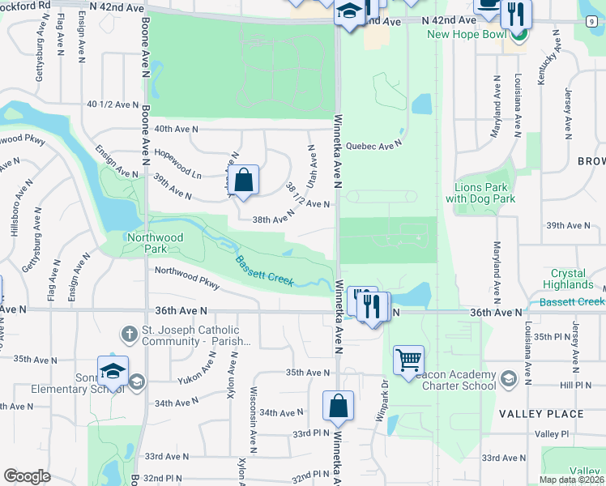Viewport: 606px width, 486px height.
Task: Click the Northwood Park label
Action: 155,243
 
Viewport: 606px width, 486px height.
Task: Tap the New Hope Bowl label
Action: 460,34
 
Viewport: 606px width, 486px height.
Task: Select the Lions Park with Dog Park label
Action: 480,193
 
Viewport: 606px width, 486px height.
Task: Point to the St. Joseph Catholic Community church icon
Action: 129,334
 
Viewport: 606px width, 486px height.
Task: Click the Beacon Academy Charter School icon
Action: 508,378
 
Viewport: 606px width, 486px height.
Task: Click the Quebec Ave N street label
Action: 373,146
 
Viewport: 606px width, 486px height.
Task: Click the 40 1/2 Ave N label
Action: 113,104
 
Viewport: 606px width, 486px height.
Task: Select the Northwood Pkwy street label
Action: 187,278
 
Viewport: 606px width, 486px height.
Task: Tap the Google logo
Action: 27,476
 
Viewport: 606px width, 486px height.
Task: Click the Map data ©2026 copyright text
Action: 571,480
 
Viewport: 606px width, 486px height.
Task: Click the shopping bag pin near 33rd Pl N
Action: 337,407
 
